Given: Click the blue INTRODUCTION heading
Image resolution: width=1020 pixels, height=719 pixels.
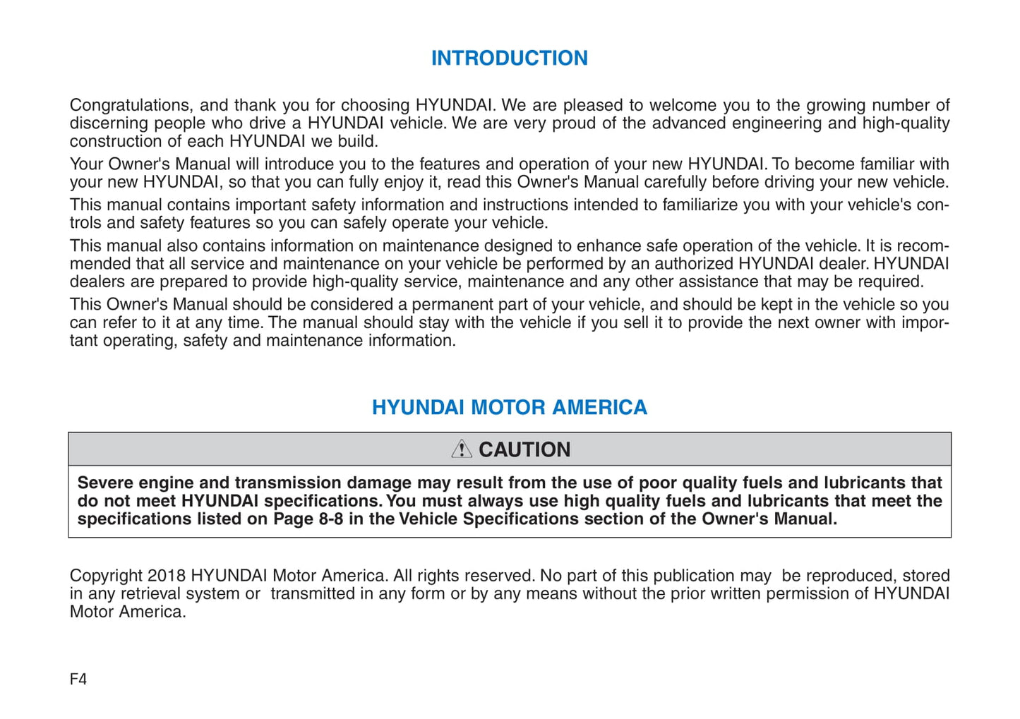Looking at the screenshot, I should click(509, 58).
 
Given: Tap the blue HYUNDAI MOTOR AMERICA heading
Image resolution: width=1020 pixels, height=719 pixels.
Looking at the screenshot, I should click(509, 407).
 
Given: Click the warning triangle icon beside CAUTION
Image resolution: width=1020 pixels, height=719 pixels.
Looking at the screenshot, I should click(462, 449).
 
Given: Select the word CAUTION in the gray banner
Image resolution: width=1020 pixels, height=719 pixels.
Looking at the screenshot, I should click(524, 449).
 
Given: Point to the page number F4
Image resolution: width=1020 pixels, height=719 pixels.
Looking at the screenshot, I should click(78, 679).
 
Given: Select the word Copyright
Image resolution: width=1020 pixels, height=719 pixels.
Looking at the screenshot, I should click(106, 576).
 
